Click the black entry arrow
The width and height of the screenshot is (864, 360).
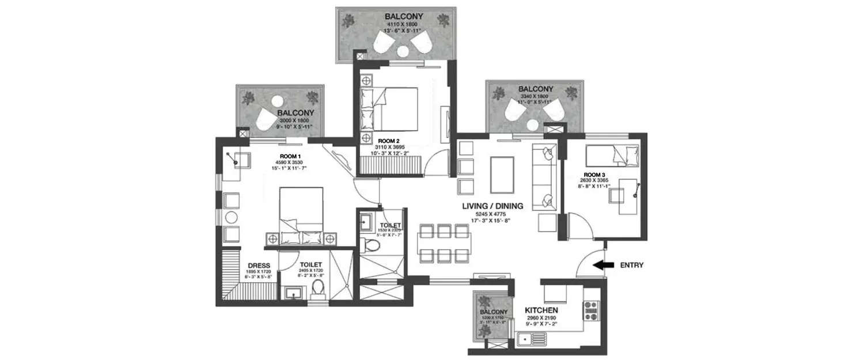click(x=602, y=266)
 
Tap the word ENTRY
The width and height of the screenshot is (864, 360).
click(x=632, y=266)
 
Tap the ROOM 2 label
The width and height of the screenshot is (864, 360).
click(x=388, y=141)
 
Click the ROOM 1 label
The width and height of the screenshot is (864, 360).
click(x=290, y=156)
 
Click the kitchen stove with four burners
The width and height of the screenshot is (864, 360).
click(x=591, y=310)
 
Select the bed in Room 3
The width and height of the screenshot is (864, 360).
click(x=612, y=154)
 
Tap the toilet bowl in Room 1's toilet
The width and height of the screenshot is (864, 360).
click(x=317, y=289)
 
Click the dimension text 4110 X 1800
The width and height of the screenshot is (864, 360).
click(x=403, y=25)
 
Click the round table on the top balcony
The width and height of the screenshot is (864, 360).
click(x=403, y=52)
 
